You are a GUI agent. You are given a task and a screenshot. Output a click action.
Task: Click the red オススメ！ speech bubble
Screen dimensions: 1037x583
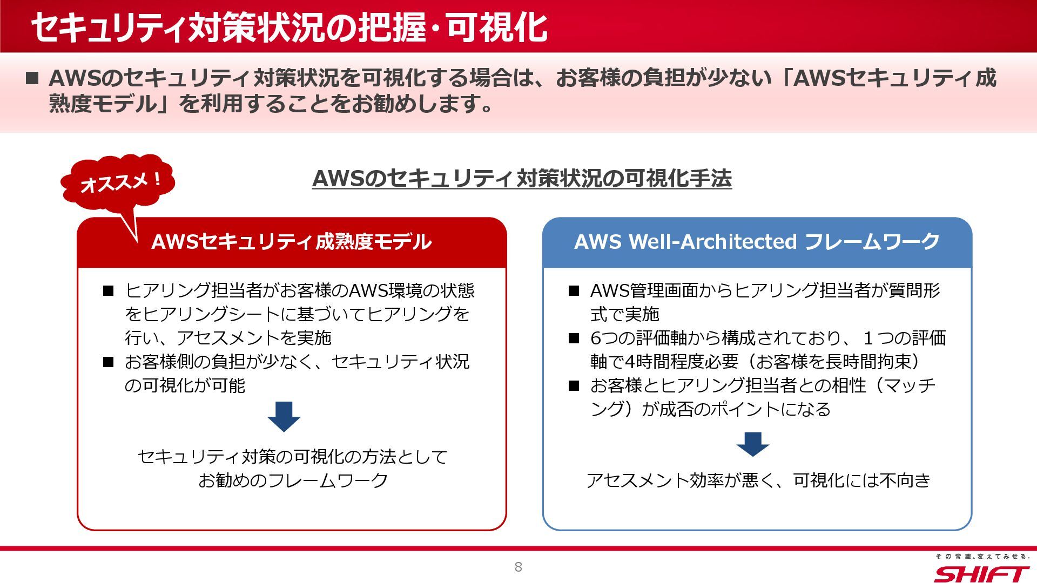tap(118, 183)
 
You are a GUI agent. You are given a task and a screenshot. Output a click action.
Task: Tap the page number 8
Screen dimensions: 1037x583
tap(518, 567)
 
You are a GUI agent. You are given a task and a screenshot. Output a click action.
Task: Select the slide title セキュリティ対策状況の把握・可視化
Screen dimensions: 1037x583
tap(289, 27)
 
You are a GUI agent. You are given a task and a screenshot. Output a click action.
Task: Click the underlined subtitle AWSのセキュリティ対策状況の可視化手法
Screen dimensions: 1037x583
tap(522, 179)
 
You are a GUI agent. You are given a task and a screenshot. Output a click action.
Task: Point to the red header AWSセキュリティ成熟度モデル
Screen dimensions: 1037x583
tap(292, 242)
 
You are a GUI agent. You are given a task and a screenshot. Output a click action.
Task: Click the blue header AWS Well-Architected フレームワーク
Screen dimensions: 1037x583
tap(757, 242)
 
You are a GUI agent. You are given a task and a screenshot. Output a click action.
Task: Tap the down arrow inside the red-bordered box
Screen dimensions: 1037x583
tap(284, 416)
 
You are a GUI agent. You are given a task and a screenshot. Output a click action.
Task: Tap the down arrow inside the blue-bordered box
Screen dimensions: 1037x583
tap(752, 444)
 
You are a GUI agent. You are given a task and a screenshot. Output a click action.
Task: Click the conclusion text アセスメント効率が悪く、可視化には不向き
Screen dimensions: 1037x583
tap(758, 480)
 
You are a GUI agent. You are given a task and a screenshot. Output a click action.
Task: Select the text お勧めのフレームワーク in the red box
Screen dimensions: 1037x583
tap(293, 480)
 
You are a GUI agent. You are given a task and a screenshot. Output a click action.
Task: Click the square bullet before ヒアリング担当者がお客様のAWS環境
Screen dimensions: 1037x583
tap(109, 291)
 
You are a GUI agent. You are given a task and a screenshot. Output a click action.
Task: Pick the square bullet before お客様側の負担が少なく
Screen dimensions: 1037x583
tap(109, 362)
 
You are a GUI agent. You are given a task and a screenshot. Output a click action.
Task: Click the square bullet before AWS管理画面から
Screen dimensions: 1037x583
tap(574, 291)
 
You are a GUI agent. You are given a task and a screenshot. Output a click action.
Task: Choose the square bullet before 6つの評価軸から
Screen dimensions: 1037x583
tap(574, 338)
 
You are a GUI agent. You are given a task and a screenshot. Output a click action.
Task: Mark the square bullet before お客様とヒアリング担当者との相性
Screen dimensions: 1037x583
tap(574, 386)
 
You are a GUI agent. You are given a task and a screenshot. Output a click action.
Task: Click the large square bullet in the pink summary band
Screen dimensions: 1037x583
tap(32, 78)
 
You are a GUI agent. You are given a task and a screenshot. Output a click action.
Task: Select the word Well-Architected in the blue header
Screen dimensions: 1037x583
tap(713, 242)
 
